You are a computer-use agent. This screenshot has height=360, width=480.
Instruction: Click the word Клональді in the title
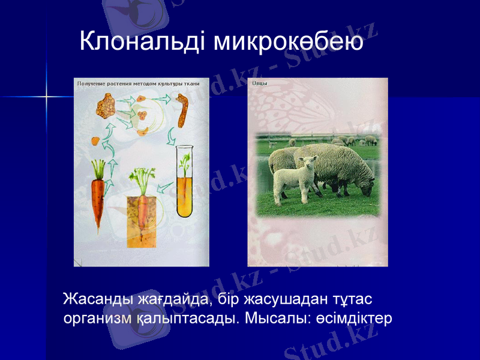point(144,42)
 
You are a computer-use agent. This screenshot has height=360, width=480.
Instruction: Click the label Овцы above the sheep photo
point(260,83)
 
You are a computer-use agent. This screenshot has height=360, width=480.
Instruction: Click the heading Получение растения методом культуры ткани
point(138,83)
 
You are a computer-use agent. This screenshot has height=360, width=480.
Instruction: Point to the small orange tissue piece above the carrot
point(95,141)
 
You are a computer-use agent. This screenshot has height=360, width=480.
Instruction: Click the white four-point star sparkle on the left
point(46,96)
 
